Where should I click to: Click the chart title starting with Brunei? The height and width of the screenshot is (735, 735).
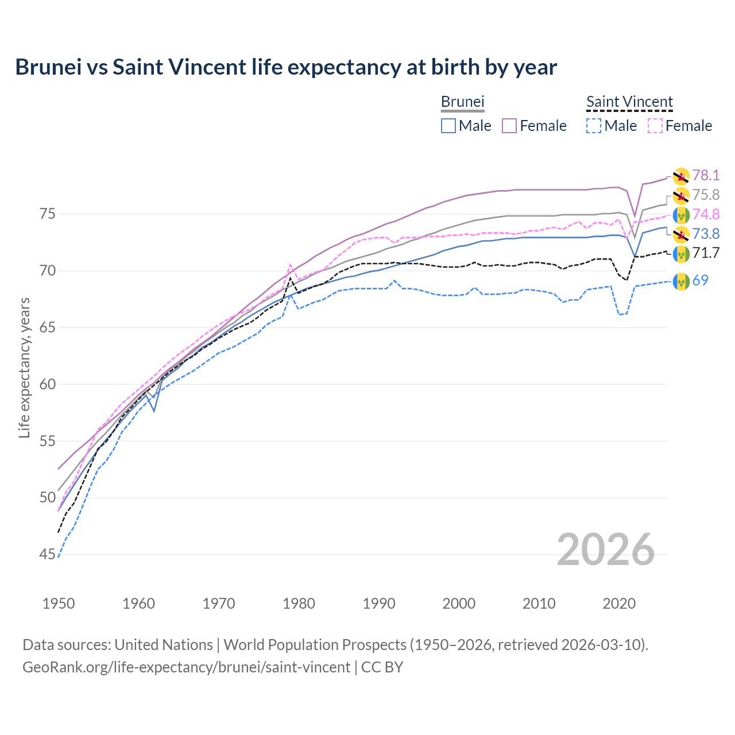286,67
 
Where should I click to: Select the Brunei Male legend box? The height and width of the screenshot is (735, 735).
448,126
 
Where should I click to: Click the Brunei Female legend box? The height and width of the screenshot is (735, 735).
509,126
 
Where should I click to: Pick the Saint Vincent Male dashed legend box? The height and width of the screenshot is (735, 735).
594,126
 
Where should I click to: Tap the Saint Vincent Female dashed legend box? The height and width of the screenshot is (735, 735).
655,126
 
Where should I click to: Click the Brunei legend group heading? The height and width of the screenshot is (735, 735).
463,102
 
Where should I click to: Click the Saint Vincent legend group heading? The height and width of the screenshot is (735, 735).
629,102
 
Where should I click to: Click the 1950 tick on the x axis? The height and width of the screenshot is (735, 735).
59,604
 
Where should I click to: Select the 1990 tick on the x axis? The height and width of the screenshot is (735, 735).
379,604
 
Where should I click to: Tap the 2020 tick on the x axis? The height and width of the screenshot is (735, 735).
620,604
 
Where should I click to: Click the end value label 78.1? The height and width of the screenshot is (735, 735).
706,175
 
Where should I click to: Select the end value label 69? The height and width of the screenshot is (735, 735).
700,280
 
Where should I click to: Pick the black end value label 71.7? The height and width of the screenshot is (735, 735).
706,253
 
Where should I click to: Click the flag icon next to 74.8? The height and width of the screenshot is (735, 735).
681,215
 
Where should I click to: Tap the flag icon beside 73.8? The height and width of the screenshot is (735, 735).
681,234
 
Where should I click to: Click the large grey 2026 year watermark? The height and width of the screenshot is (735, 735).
606,550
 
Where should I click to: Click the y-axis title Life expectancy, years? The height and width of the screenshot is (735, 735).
24,367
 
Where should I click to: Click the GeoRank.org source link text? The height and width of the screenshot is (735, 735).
186,667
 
